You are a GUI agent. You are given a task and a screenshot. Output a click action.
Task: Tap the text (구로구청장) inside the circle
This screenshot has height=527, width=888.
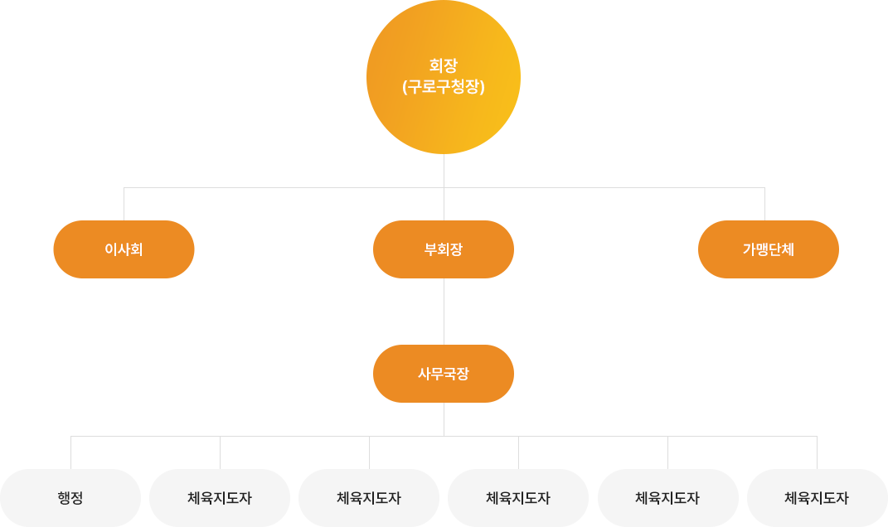(444, 86)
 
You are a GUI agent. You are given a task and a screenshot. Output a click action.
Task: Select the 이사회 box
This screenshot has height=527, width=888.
(124, 249)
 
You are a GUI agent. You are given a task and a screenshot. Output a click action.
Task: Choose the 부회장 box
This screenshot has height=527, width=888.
(444, 249)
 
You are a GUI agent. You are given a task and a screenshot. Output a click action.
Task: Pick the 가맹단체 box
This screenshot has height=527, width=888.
(769, 249)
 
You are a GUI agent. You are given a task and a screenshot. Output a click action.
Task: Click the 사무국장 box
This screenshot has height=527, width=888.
(444, 374)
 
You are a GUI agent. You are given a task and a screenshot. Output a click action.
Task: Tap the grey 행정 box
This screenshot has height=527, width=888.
(70, 498)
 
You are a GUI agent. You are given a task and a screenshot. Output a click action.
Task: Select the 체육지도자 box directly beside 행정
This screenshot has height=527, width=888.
(220, 498)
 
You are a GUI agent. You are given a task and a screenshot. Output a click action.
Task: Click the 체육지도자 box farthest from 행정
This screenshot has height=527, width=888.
(818, 498)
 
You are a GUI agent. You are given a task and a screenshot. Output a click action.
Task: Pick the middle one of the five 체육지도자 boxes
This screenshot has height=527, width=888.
(518, 498)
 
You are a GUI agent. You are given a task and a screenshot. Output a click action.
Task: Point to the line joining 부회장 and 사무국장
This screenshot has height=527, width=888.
(444, 312)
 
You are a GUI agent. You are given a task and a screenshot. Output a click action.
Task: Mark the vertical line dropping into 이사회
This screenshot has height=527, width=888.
(124, 204)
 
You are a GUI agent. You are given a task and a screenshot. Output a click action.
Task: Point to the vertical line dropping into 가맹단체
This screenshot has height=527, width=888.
(764, 204)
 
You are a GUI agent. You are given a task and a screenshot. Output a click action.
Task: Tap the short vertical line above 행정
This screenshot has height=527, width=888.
(71, 452)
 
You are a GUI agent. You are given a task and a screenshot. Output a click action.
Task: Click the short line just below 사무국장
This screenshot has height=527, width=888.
(444, 418)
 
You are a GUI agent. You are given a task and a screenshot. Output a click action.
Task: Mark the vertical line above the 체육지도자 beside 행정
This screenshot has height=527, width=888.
(221, 452)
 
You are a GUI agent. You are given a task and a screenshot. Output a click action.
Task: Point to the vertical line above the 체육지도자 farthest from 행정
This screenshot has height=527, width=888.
(818, 452)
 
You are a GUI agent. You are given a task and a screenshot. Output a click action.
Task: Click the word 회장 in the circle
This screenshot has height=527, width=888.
(444, 65)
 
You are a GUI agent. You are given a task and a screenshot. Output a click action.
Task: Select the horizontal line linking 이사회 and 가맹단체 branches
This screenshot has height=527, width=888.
(282, 188)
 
